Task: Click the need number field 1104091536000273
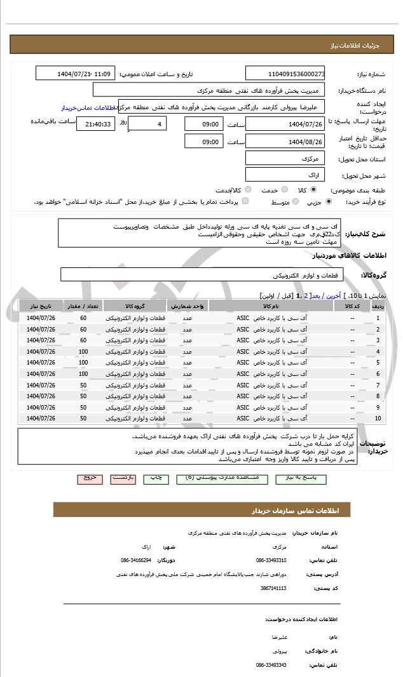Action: coord(285,74)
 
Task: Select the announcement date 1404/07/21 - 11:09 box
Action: coord(76,74)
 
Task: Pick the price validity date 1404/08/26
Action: coord(285,142)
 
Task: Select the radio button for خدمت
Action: coord(283,190)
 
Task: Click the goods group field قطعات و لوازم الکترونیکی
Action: coord(201,275)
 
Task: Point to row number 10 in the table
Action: coord(378,419)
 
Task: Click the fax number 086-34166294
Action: coord(136,561)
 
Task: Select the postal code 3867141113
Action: coord(274,588)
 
